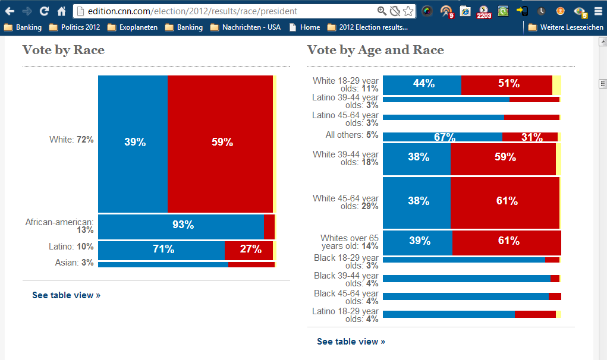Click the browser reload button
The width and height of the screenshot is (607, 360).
(45, 11)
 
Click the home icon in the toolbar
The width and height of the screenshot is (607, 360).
(62, 11)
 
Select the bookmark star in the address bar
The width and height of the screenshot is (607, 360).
(408, 11)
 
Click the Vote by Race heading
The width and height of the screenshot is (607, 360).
(64, 50)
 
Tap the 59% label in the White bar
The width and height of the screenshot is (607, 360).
(222, 142)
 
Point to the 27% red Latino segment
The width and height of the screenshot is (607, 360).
(250, 250)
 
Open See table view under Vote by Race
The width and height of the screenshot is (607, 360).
(66, 295)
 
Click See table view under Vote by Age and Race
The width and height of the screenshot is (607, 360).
(351, 342)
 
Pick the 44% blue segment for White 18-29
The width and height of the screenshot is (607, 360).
(423, 84)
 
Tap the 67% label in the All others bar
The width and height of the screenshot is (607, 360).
(444, 137)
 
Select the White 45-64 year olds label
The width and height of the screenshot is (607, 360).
(345, 202)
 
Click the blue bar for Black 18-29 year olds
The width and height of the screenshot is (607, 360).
(464, 260)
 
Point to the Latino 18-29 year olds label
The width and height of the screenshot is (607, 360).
(345, 315)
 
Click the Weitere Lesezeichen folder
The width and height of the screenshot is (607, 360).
(565, 27)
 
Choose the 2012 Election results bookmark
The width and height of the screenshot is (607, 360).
(367, 27)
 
